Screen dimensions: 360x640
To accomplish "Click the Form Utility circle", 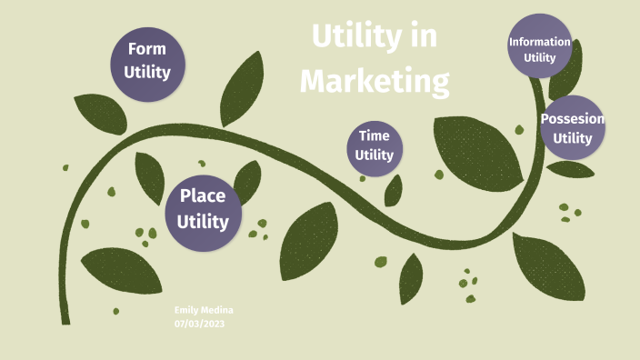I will [147, 60].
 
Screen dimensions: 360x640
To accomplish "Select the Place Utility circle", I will [203, 207].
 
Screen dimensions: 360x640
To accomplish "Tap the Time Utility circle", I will [375, 145].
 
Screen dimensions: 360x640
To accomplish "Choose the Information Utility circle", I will [540, 47].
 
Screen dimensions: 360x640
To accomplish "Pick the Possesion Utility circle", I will [573, 128].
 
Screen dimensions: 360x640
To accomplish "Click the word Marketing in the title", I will [375, 82].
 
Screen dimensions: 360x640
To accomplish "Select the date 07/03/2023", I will [198, 324].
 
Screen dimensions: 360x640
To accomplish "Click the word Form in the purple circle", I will [147, 48].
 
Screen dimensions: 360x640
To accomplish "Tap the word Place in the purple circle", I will [203, 195].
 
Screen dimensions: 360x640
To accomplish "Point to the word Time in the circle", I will [375, 135].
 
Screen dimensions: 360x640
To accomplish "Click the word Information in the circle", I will [540, 42].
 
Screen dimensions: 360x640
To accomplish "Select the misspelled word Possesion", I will [573, 118].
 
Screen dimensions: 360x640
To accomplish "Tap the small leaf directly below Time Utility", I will [394, 190].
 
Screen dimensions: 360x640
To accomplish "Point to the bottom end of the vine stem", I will [65, 320].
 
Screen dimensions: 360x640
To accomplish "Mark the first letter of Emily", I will [177, 310].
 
